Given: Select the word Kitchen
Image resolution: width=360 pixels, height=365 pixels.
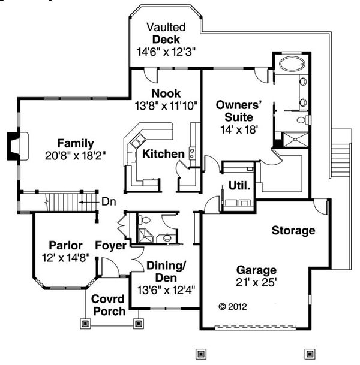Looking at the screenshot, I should (163, 155).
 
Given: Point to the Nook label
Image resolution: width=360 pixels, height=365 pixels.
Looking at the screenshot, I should (166, 93).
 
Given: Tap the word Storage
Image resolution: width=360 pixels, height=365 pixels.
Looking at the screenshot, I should (293, 230).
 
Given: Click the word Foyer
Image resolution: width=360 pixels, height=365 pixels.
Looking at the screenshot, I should (111, 246).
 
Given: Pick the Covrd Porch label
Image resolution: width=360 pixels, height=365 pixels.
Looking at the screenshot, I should (108, 305).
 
